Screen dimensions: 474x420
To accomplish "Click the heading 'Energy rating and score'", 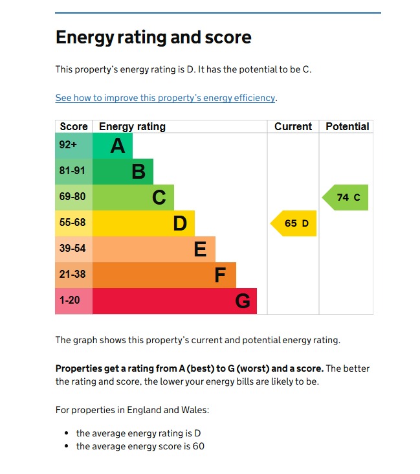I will pyautogui.click(x=153, y=38).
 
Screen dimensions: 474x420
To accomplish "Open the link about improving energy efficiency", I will pyautogui.click(x=165, y=98).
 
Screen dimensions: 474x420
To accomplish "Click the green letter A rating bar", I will pyautogui.click(x=113, y=146).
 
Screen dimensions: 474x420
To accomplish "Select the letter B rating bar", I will pyautogui.click(x=123, y=172).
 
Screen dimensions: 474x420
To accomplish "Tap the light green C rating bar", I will pyautogui.click(x=133, y=198).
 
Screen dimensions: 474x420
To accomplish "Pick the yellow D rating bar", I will pyautogui.click(x=144, y=223).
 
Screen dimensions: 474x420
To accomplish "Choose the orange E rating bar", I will pyautogui.click(x=154, y=249).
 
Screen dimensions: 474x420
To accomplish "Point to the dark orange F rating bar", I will pyautogui.click(x=164, y=275).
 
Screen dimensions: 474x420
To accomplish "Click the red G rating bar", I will pyautogui.click(x=175, y=301).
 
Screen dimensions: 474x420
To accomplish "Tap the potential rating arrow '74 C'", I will pyautogui.click(x=346, y=198).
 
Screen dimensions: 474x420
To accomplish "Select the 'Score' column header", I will pyautogui.click(x=74, y=127).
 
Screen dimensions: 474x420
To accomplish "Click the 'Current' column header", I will pyautogui.click(x=293, y=127).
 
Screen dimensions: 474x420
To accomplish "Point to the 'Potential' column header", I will pyautogui.click(x=347, y=127).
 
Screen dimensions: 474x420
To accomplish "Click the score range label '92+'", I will pyautogui.click(x=69, y=146).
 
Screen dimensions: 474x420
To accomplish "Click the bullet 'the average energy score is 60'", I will pyautogui.click(x=140, y=446).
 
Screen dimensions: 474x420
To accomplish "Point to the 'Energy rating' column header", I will pyautogui.click(x=132, y=127).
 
